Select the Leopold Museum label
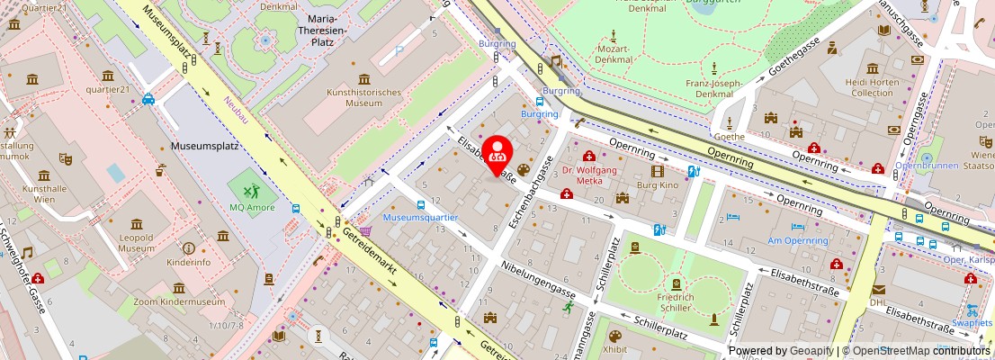click(x=137, y=241)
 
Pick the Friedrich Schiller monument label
click(x=676, y=303)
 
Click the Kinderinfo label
click(x=189, y=262)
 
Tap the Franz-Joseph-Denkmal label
click(x=714, y=87)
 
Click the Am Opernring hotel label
click(x=797, y=241)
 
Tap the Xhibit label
click(x=615, y=348)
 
